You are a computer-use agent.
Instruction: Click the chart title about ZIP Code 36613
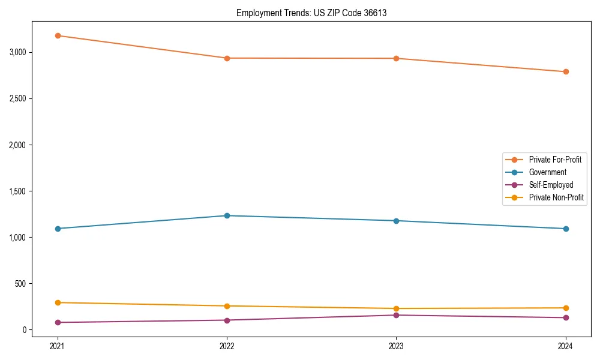[311, 13]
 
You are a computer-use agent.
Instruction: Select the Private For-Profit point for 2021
[58, 35]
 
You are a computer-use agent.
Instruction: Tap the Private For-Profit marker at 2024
[566, 72]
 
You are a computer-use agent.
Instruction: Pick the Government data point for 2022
[227, 215]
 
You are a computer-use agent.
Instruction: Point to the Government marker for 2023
[396, 221]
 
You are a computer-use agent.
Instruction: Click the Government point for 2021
[58, 229]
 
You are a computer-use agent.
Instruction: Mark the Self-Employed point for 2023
[396, 315]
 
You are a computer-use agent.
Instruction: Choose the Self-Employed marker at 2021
[58, 322]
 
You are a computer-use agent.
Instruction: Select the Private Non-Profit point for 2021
[58, 302]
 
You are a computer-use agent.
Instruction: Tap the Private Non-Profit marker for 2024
[566, 308]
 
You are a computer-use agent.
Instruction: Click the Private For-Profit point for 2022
[227, 58]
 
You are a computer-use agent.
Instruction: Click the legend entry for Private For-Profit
[554, 160]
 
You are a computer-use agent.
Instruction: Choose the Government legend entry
[547, 172]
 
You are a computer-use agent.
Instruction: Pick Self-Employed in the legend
[551, 185]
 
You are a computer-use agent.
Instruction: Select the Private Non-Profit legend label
[556, 197]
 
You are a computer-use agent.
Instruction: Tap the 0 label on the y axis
[25, 330]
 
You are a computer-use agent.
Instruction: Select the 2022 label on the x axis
[227, 346]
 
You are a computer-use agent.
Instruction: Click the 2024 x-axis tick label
[566, 346]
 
